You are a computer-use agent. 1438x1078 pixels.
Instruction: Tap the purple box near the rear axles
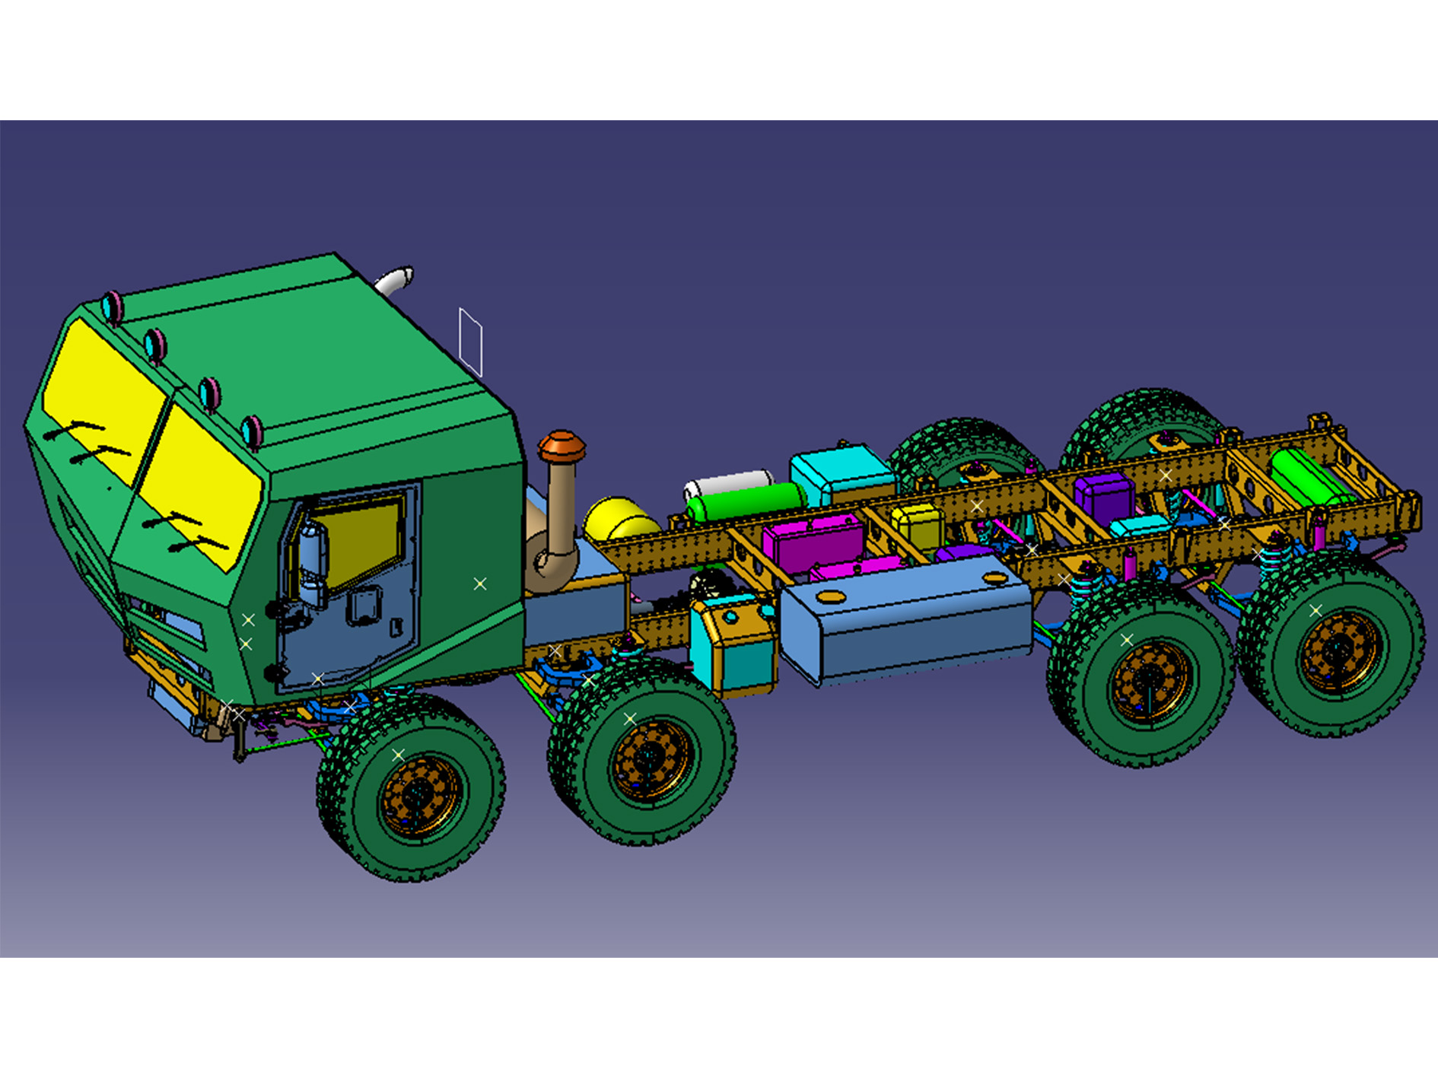[1103, 494]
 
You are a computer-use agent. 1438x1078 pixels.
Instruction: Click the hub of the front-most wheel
[418, 795]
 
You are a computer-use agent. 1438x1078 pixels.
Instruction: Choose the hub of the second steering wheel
[651, 757]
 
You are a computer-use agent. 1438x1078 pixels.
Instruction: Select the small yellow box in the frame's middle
[918, 525]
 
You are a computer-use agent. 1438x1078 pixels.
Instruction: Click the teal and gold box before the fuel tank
[732, 643]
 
